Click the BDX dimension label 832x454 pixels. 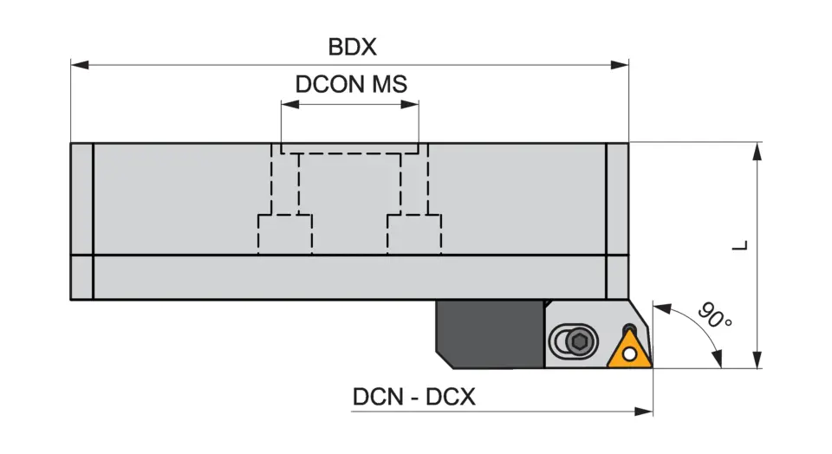pos(352,46)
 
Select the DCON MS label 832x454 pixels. pos(351,84)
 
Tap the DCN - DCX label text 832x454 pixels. pos(413,397)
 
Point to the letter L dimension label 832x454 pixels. pos(739,245)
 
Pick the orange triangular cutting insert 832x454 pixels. pos(629,348)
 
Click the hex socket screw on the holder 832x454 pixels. pos(580,342)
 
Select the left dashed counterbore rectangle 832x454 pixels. pos(285,234)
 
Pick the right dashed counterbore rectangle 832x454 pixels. pos(413,234)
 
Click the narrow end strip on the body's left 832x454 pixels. pos(81,221)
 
